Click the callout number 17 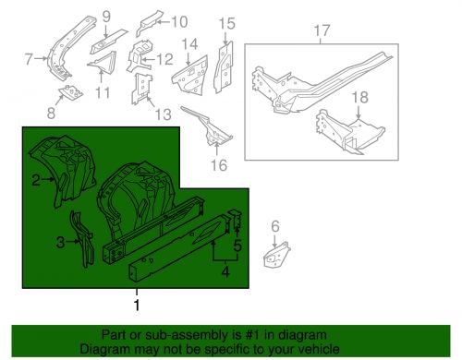pos(322,30)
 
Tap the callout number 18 pos(359,98)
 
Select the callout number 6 pos(275,226)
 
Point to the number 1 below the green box pos(137,305)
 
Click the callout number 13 pos(163,114)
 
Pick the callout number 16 pos(219,165)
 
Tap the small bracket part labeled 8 pos(71,92)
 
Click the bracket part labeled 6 pos(276,255)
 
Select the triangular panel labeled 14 pos(189,76)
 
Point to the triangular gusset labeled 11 pos(105,63)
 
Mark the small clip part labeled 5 pos(235,218)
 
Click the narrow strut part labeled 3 pos(81,240)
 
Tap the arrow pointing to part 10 pos(163,22)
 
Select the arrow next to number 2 pos(48,179)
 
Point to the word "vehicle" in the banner pos(320,349)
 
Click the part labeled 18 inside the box pos(350,132)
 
